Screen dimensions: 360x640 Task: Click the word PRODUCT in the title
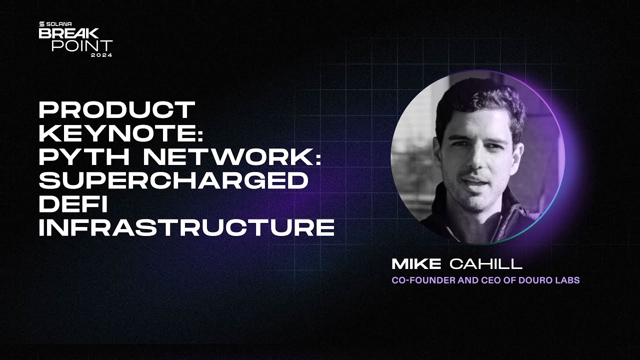tap(116, 109)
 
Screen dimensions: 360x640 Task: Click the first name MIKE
tap(416, 263)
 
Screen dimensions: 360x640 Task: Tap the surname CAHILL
tap(486, 263)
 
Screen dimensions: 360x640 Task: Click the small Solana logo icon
tap(41, 23)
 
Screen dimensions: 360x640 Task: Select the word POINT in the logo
tap(82, 45)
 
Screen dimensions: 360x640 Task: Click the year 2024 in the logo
tap(101, 55)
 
